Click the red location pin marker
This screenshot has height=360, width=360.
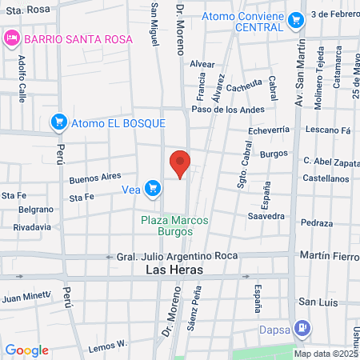tap(180, 163)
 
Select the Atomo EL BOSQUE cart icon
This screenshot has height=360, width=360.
tap(58, 122)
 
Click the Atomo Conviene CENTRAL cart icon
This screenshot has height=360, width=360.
tap(296, 18)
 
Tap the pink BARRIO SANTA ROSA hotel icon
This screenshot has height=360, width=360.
tap(12, 38)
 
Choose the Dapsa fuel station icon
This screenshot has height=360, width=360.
tap(302, 327)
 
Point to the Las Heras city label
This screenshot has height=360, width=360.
tap(174, 270)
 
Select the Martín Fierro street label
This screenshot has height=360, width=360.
tap(328, 255)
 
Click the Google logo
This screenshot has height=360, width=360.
tap(27, 350)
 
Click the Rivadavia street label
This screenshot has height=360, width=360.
tap(32, 227)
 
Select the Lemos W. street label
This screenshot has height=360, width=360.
tap(108, 345)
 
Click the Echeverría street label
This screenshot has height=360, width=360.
tap(268, 129)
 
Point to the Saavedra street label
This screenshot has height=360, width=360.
tap(266, 216)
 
